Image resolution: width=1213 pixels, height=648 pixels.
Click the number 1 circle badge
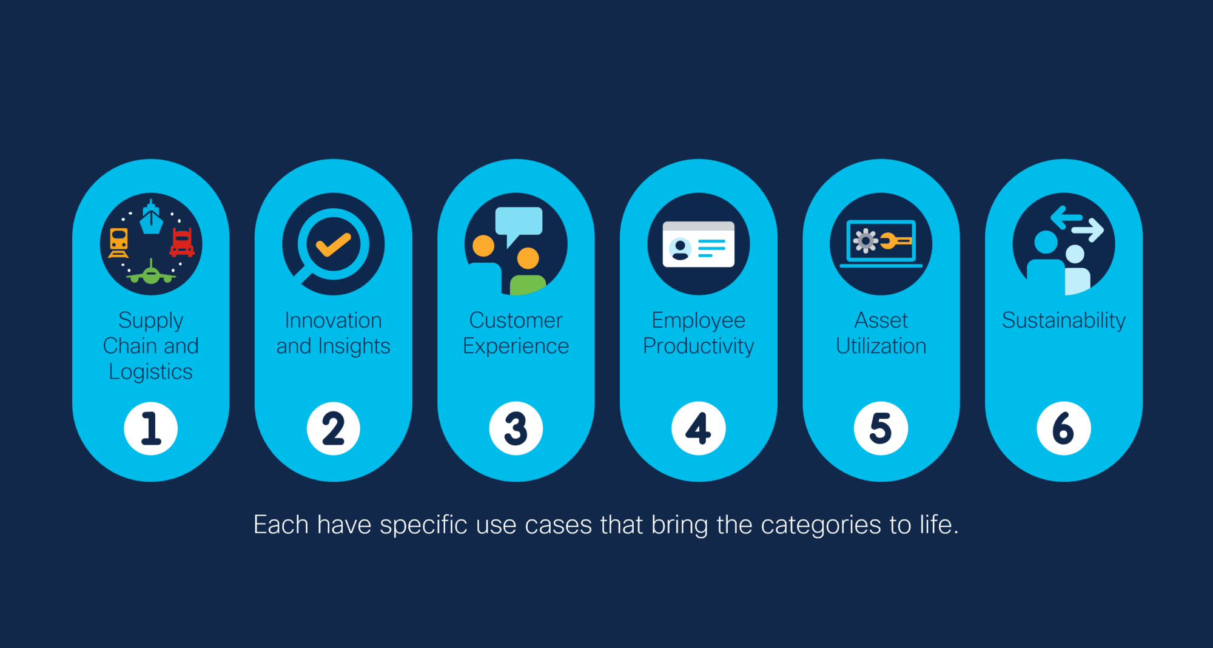pos(151,428)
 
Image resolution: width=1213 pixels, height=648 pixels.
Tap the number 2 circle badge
pos(334,428)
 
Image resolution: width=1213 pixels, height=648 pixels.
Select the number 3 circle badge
pos(516,428)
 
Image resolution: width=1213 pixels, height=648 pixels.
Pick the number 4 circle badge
pos(699,428)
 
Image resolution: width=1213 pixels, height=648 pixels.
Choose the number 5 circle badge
pos(881,428)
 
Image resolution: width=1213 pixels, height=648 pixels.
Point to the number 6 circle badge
pos(1064,428)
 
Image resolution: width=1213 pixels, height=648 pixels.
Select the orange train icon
pos(119,243)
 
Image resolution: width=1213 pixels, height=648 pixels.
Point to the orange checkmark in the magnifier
pos(333,244)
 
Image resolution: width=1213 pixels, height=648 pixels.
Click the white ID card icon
pos(699,244)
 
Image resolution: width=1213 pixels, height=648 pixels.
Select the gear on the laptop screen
pos(865,241)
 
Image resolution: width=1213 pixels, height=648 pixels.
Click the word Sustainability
pos(1064,320)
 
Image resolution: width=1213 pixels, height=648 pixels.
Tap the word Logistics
pos(151,371)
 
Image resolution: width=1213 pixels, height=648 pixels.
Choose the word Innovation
pos(334,320)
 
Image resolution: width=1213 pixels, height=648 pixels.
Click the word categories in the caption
pos(821,525)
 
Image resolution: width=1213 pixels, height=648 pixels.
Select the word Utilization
pos(881,346)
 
